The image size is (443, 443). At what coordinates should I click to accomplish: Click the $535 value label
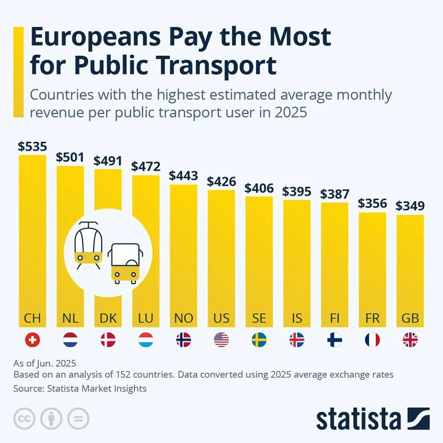click(32, 147)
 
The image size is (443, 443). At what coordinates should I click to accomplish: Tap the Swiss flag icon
click(32, 340)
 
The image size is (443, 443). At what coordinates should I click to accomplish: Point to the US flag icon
click(221, 340)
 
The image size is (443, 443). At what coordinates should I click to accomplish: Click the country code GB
click(410, 318)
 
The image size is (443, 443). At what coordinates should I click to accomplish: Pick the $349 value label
click(410, 206)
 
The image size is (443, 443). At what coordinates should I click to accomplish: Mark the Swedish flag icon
click(259, 340)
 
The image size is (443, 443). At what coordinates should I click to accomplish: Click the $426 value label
click(221, 182)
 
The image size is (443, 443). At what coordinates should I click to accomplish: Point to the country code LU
click(145, 318)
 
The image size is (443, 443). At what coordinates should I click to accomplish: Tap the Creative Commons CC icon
click(25, 419)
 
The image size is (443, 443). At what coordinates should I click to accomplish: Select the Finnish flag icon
click(335, 340)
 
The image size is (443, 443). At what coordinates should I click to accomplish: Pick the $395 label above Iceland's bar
click(297, 191)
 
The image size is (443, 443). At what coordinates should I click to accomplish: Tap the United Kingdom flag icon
click(410, 340)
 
